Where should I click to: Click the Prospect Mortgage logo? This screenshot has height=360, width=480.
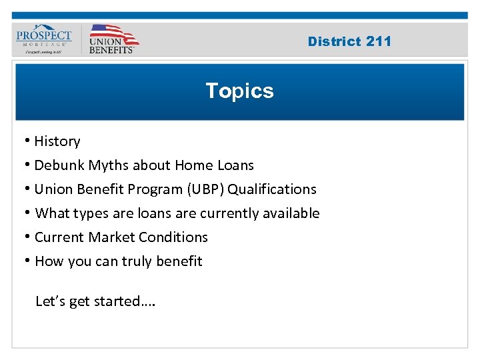click(44, 39)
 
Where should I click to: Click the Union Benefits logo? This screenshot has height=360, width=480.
click(112, 39)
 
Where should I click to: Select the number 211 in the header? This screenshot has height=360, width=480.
click(379, 41)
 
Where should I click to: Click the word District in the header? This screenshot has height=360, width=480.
click(335, 41)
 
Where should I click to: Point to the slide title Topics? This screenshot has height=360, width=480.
click(239, 91)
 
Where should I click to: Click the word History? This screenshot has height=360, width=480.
click(57, 141)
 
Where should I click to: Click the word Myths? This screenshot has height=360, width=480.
click(108, 165)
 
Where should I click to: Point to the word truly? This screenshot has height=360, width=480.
click(137, 261)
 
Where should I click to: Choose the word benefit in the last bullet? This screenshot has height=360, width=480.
click(179, 261)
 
